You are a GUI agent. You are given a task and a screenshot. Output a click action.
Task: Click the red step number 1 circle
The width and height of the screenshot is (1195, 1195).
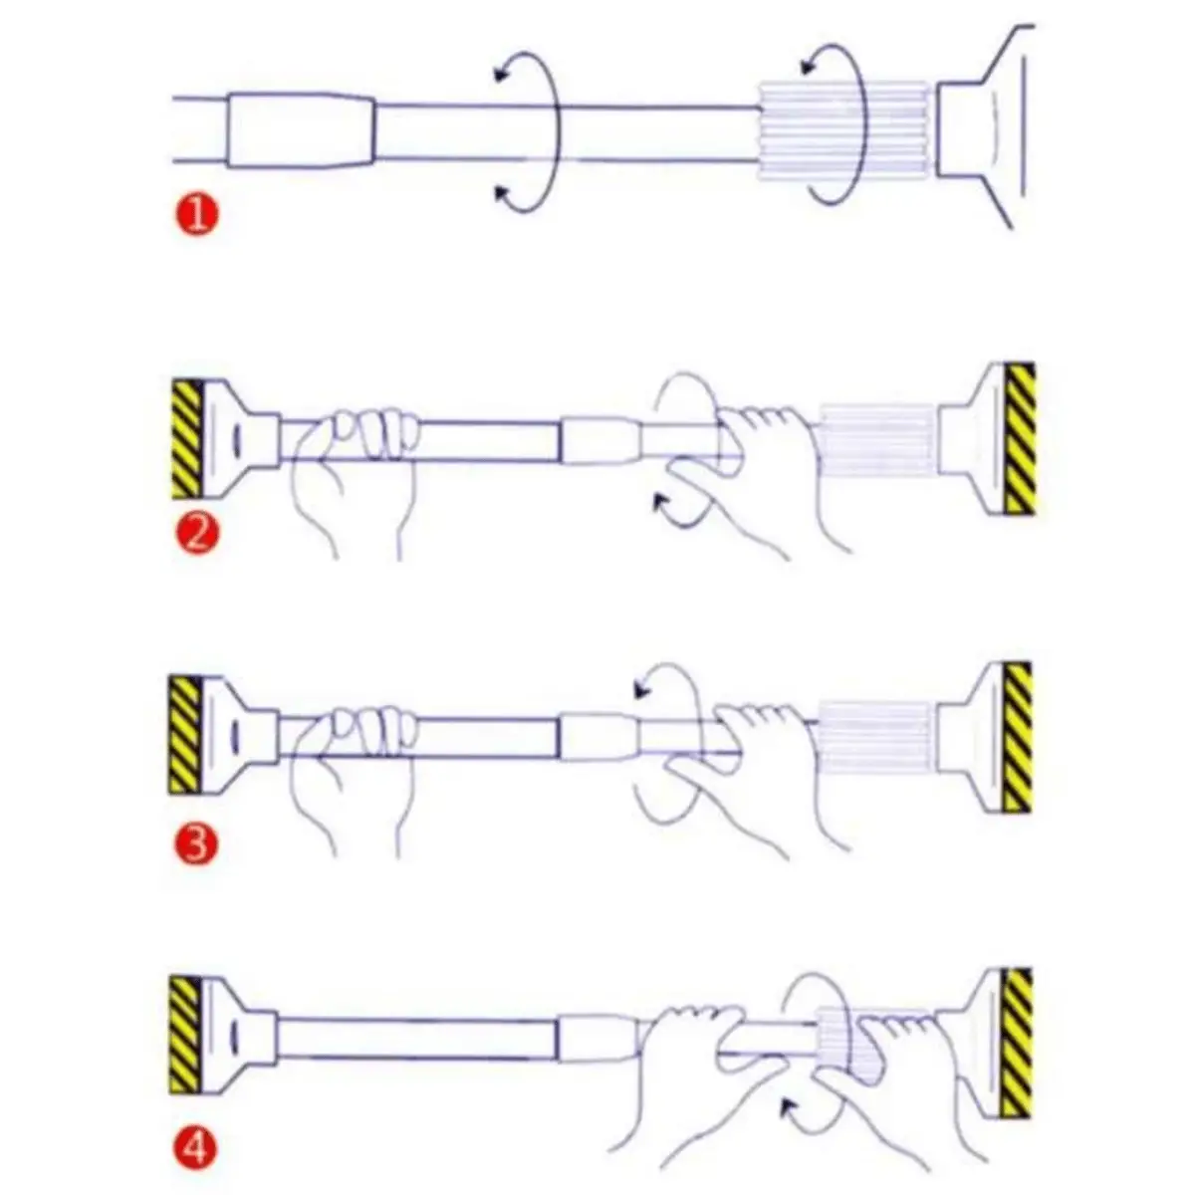coord(196,215)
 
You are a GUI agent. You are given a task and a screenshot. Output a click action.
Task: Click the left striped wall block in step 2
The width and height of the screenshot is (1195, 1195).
coord(186,440)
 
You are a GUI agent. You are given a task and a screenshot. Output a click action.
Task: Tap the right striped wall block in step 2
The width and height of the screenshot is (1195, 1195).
coord(1020,439)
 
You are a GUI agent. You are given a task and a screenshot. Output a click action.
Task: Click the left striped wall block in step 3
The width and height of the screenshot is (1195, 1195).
coord(185,736)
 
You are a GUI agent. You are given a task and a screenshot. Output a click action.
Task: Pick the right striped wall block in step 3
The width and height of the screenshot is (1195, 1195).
coord(1018,737)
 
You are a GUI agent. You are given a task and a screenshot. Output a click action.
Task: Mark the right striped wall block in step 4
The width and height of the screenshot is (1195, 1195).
coord(1018,1043)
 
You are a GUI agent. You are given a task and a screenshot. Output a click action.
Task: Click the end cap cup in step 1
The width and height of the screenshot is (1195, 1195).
coord(984,127)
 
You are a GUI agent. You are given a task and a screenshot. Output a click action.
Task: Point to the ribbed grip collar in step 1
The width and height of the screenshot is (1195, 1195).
coord(844,131)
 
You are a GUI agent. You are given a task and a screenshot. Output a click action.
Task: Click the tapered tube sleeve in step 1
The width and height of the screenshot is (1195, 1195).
coord(302,130)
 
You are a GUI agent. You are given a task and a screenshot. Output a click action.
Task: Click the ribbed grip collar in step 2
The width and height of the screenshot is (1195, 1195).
coord(876,441)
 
